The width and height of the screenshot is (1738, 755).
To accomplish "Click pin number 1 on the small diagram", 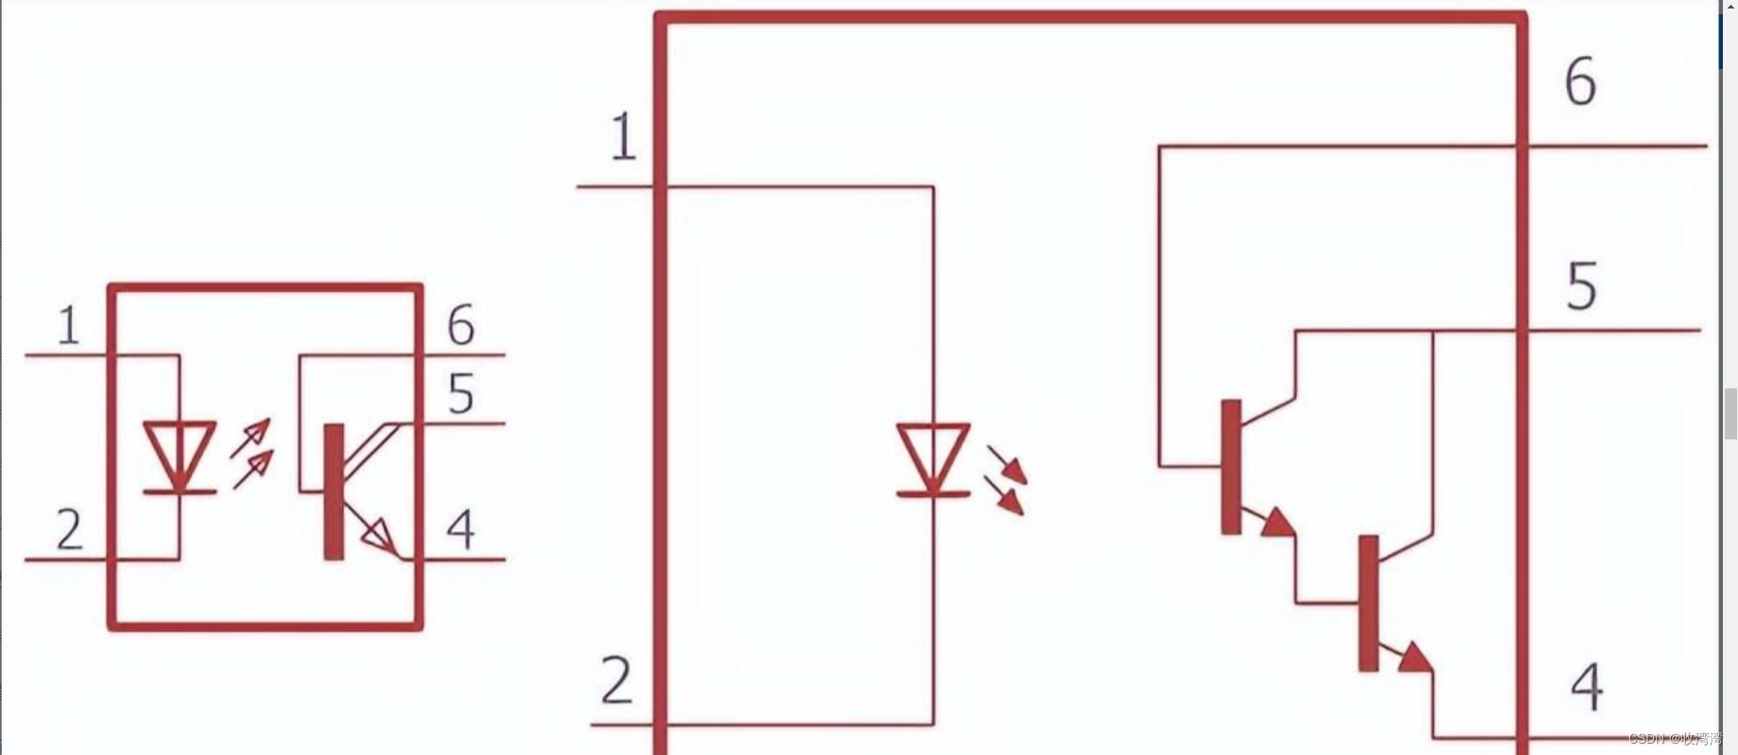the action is click(68, 326).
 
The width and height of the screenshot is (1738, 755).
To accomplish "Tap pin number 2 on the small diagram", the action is click(69, 529).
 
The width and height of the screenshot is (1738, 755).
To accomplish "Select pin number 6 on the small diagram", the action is click(460, 325).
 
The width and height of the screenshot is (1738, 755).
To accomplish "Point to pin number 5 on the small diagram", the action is click(460, 393).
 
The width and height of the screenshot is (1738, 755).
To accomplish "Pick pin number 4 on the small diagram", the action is click(460, 529).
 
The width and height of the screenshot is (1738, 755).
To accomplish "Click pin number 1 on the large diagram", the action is click(622, 137).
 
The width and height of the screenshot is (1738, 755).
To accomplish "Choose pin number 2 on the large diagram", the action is click(616, 680).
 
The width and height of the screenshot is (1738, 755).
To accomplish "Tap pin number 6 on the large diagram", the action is click(1580, 81).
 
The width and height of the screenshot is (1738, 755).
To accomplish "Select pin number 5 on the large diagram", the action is click(1582, 286).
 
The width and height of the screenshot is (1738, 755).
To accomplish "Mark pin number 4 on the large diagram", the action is click(1587, 687).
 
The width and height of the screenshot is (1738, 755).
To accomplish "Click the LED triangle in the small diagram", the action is click(179, 452).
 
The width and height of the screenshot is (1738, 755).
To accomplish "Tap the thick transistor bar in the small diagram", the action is click(333, 491).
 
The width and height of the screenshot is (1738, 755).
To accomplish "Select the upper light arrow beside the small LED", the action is click(252, 438).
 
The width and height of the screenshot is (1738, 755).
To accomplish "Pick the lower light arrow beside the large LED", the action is click(1005, 497).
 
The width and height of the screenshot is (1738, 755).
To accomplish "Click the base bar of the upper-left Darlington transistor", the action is click(1231, 467).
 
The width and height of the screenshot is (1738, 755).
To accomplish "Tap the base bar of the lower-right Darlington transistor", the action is click(1368, 603).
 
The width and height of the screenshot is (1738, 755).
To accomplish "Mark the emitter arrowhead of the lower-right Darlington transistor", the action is click(1414, 657).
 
